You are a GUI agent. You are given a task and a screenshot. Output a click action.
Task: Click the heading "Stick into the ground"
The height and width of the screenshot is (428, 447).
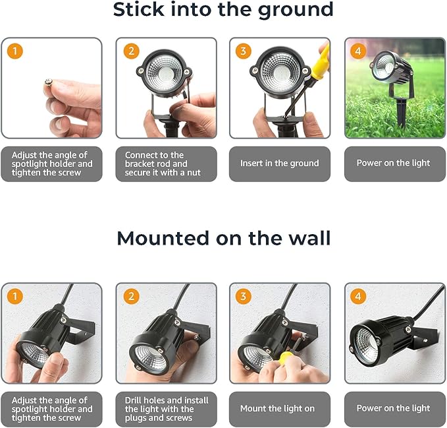223,11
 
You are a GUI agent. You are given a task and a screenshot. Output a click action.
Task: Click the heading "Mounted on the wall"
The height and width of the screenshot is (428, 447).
223,237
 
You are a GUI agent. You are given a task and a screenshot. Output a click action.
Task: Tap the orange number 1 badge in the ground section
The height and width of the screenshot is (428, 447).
15,51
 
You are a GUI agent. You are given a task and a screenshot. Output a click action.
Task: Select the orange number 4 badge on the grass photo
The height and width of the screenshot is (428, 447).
358,51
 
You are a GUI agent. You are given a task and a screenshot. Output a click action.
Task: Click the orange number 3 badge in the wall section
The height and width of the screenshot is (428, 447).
244,296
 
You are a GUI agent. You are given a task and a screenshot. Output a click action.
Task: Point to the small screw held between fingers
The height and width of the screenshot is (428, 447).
48,82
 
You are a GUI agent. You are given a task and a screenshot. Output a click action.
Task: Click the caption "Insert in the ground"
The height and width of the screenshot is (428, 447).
279,164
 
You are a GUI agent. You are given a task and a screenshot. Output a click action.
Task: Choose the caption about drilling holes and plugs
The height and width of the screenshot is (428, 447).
166,409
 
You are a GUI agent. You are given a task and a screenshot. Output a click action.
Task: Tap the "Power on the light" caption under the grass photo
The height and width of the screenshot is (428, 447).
393,164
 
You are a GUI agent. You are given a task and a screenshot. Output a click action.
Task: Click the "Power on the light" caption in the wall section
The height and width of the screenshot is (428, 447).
393,409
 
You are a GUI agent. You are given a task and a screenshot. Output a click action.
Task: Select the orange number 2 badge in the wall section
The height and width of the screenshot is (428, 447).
130,296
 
